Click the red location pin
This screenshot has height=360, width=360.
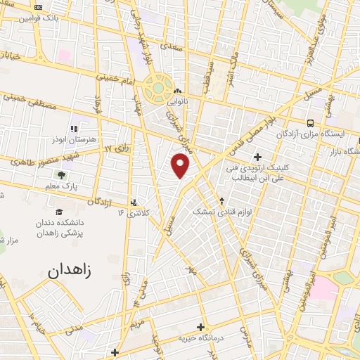(x=181, y=165)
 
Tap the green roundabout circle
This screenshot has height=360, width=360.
(x=159, y=89)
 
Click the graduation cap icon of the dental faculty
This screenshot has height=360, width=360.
(x=59, y=212)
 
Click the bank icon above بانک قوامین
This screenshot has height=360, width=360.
(x=37, y=7)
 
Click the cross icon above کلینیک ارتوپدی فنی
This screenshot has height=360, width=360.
(x=257, y=156)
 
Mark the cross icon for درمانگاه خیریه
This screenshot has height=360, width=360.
(x=201, y=327)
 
